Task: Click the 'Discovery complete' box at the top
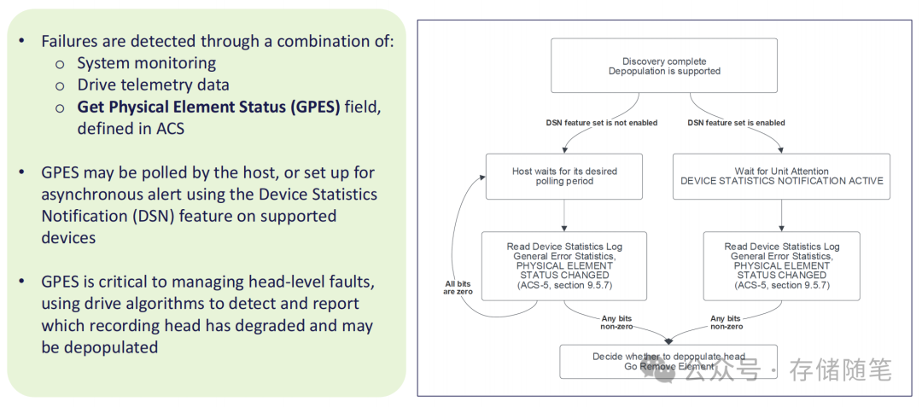[663, 66]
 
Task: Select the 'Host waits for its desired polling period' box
[563, 177]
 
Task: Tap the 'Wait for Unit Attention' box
[781, 177]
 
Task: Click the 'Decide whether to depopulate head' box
[668, 361]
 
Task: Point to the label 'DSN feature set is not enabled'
[602, 123]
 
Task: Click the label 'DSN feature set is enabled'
[736, 123]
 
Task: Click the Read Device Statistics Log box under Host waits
[563, 265]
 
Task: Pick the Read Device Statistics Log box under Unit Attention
[782, 265]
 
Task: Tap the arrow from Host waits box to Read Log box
[564, 215]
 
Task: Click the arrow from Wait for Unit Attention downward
[782, 215]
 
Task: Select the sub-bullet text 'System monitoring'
[146, 63]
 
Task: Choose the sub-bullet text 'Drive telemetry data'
[153, 85]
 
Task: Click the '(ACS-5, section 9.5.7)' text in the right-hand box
[782, 286]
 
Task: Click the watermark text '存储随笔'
[840, 370]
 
